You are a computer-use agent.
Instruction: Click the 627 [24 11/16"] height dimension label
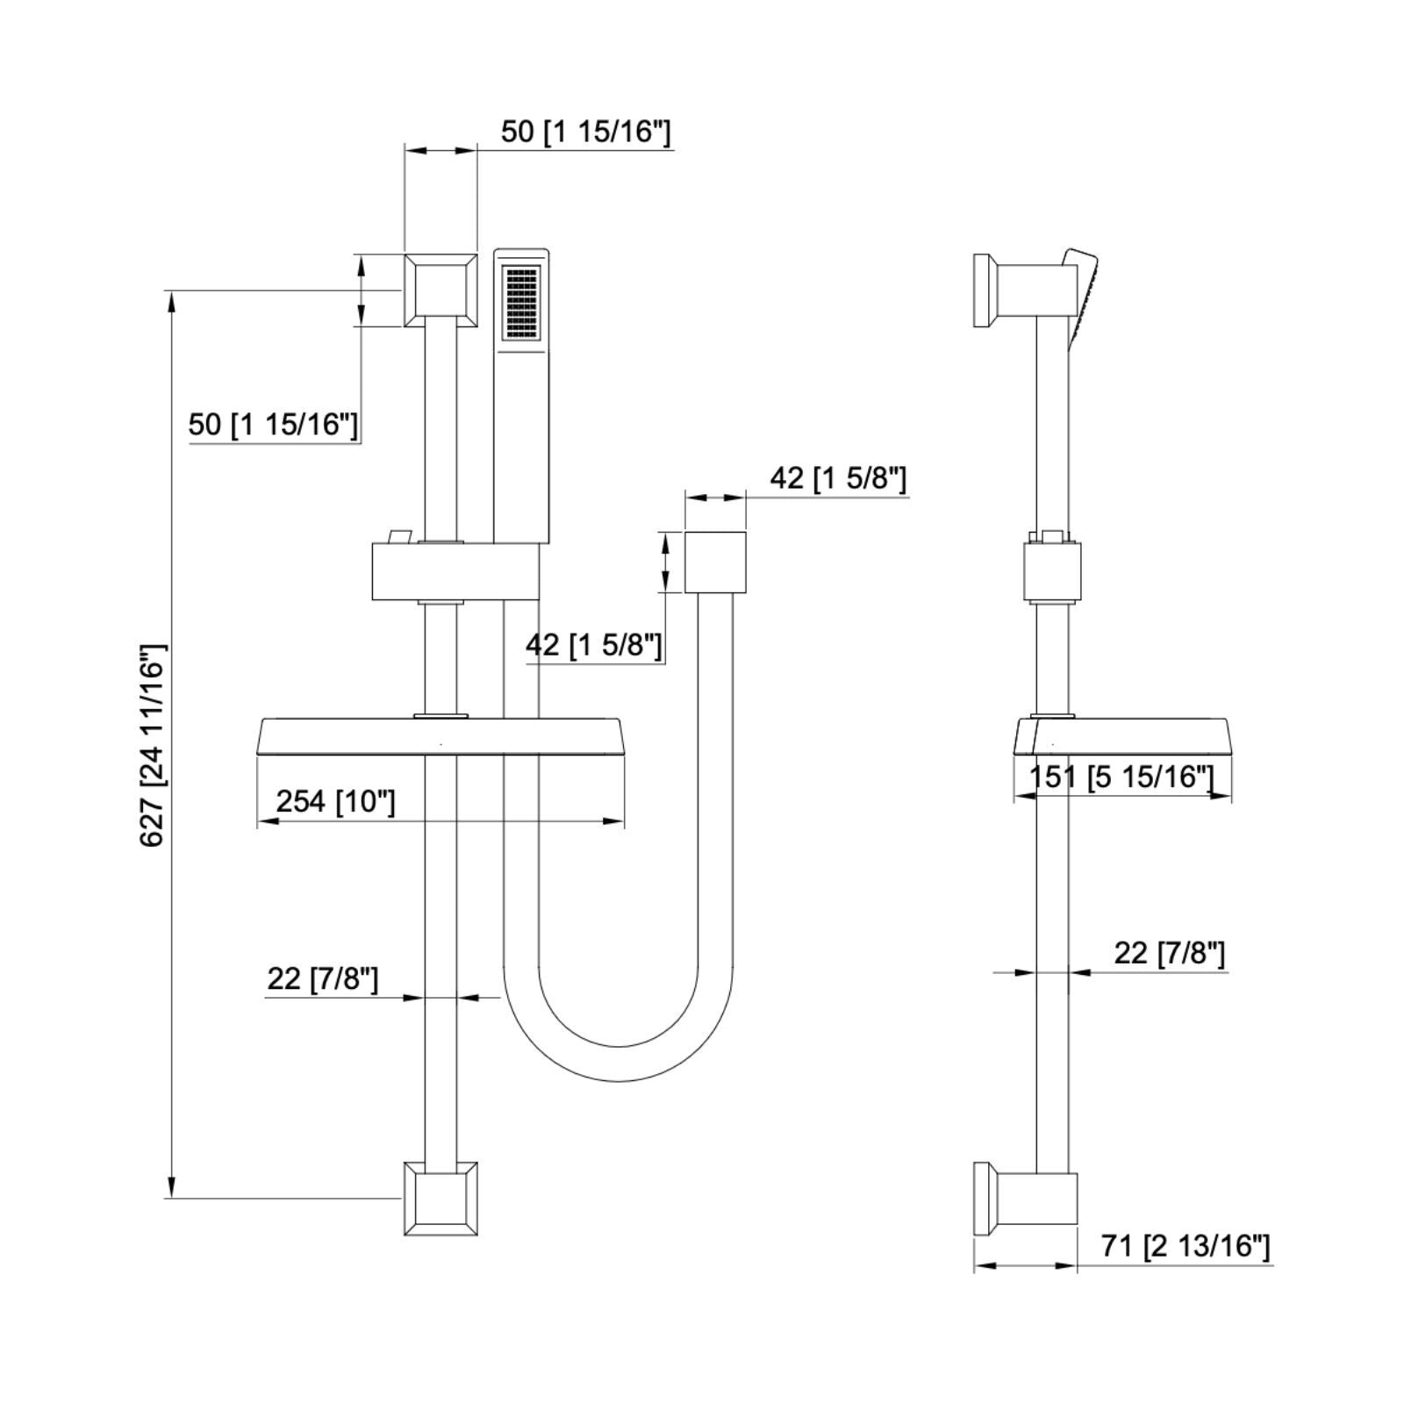coord(153,744)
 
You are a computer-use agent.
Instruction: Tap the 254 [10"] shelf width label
coord(335,801)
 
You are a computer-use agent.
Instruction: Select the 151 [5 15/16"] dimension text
coord(1121,777)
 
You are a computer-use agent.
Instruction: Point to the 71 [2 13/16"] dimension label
coord(1186,1246)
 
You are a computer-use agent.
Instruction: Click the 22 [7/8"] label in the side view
coord(1169,952)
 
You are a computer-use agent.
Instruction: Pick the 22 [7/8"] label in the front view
coord(322,978)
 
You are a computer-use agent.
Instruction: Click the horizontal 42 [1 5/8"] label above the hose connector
coord(837,478)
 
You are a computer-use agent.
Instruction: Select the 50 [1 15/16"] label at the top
coord(585,132)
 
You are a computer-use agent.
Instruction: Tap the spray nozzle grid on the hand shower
coord(521,303)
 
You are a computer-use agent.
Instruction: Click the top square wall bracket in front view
coord(440,290)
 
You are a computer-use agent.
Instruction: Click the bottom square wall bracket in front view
coord(440,1199)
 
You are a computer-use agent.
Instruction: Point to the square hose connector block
coord(714,562)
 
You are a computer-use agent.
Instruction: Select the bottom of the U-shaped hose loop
coord(619,1063)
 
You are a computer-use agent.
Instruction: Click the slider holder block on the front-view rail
coord(455,571)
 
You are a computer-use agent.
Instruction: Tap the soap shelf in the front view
coord(441,735)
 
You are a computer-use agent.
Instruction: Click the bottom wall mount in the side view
coord(1027,1199)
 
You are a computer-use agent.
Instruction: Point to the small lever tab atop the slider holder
coord(400,535)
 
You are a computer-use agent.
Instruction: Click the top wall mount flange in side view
coord(983,290)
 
